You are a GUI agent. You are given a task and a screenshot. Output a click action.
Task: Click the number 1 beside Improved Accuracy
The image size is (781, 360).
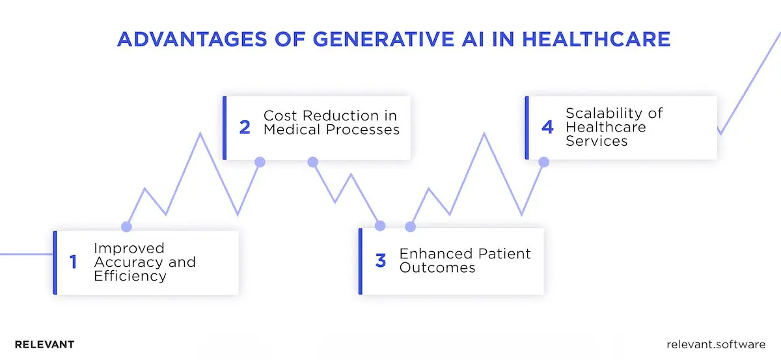pyautogui.click(x=73, y=262)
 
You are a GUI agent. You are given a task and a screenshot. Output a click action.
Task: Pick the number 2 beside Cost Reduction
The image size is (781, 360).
pyautogui.click(x=245, y=127)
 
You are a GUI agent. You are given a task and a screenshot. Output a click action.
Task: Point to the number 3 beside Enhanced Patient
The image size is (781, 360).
pyautogui.click(x=381, y=261)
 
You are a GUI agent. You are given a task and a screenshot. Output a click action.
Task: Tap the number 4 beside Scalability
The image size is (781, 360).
pyautogui.click(x=547, y=127)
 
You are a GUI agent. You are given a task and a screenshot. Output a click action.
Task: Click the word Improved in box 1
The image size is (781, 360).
pyautogui.click(x=129, y=248)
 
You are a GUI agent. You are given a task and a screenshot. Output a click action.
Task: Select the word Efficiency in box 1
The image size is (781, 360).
pyautogui.click(x=130, y=276)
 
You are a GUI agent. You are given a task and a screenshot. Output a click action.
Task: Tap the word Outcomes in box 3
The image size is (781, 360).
pyautogui.click(x=437, y=268)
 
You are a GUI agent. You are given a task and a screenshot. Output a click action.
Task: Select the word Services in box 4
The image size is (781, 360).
pyautogui.click(x=596, y=141)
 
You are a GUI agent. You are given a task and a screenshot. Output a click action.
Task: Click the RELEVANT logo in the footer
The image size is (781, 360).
pyautogui.click(x=44, y=344)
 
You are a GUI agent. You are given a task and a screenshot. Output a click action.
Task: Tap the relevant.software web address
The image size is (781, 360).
pyautogui.click(x=717, y=344)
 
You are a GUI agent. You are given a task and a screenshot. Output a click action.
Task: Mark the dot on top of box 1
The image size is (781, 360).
pyautogui.click(x=127, y=227)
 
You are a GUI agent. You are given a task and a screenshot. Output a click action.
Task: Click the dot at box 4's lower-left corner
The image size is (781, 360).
pyautogui.click(x=543, y=161)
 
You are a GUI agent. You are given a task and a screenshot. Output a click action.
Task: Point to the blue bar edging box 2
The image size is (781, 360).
pyautogui.click(x=225, y=128)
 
